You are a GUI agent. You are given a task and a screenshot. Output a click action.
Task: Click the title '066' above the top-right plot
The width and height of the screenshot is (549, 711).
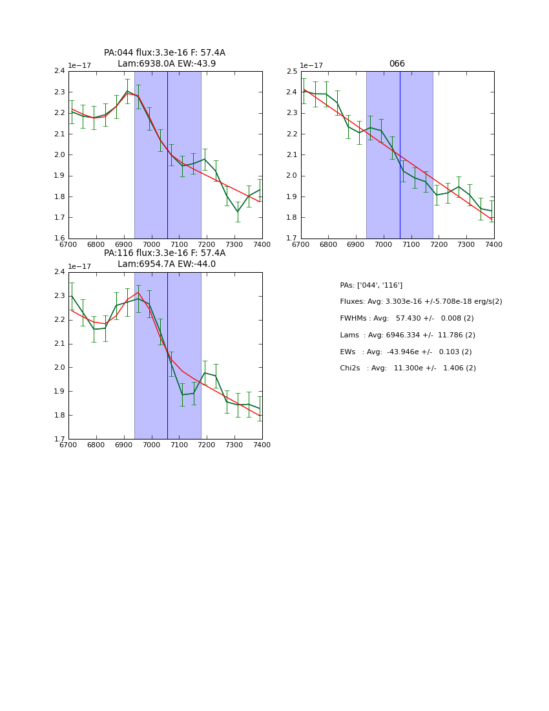tap(397, 64)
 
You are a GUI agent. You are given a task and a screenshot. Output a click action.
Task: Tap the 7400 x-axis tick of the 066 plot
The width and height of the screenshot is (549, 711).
tap(493, 244)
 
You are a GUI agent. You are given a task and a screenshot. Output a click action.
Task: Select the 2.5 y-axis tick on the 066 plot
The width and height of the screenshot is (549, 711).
tap(291, 71)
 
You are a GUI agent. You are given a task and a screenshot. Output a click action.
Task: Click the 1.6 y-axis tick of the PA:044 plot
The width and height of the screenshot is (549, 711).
tap(59, 239)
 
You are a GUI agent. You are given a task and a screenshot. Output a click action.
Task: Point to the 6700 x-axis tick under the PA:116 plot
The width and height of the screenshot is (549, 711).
tap(68, 445)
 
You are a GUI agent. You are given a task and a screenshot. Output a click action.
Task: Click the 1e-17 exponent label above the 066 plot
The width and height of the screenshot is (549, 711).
tap(311, 65)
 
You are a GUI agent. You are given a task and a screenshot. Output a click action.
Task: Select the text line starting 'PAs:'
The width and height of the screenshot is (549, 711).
tap(371, 285)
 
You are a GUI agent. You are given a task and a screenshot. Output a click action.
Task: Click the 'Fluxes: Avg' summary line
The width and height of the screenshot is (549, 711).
tap(420, 302)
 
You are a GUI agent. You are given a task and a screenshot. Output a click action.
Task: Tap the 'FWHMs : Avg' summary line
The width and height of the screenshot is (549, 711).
tap(406, 319)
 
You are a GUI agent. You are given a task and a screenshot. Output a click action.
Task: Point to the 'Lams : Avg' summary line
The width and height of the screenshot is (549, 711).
tap(408, 335)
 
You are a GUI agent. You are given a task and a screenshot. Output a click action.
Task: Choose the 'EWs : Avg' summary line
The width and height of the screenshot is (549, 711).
tap(406, 352)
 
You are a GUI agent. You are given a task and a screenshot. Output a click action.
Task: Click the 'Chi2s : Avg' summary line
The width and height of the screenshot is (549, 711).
tap(408, 368)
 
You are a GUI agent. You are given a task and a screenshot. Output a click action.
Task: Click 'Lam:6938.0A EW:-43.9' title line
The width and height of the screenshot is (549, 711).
tap(167, 64)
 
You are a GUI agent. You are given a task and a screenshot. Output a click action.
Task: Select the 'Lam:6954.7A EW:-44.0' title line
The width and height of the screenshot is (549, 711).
tap(167, 264)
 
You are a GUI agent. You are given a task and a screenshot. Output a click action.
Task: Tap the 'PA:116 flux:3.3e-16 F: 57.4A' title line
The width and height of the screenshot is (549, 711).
tap(165, 253)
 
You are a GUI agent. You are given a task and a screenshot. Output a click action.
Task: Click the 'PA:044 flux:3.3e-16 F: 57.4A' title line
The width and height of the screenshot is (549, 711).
tap(165, 53)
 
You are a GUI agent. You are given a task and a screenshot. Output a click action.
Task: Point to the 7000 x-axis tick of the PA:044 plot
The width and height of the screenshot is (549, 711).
tap(151, 244)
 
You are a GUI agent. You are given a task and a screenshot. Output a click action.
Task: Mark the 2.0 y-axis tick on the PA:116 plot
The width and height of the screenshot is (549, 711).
tap(59, 367)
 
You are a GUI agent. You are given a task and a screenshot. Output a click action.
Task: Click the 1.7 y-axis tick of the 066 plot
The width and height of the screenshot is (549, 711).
tap(291, 239)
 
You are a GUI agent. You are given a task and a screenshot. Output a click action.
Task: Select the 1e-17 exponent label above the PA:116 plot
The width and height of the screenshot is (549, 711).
tap(79, 266)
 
